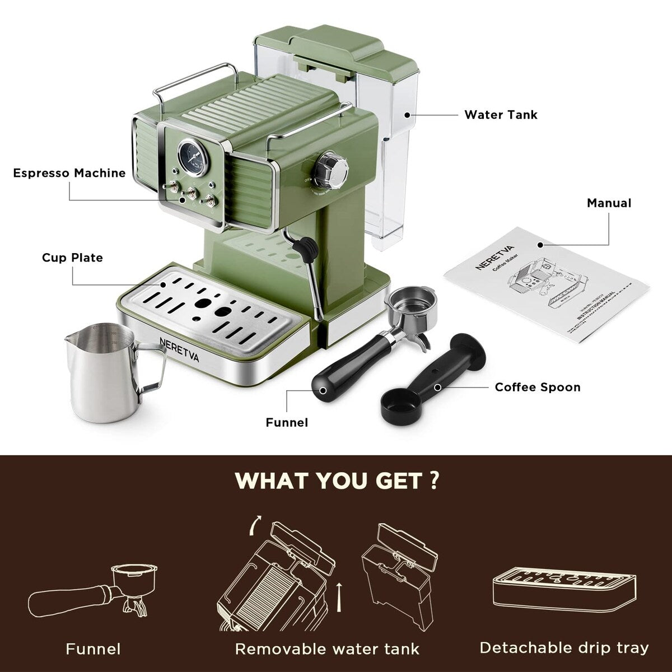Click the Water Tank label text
coord(500,115)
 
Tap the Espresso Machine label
coord(69,173)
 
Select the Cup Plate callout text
coord(72,258)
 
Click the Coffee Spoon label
coord(537,388)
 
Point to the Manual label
coord(608,203)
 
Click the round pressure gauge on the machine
coord(192,156)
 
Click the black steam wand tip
coord(307,249)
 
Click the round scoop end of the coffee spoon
coord(400,405)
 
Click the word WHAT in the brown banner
coord(271,480)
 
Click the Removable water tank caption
coord(327,649)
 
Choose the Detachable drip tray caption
coord(564,648)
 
